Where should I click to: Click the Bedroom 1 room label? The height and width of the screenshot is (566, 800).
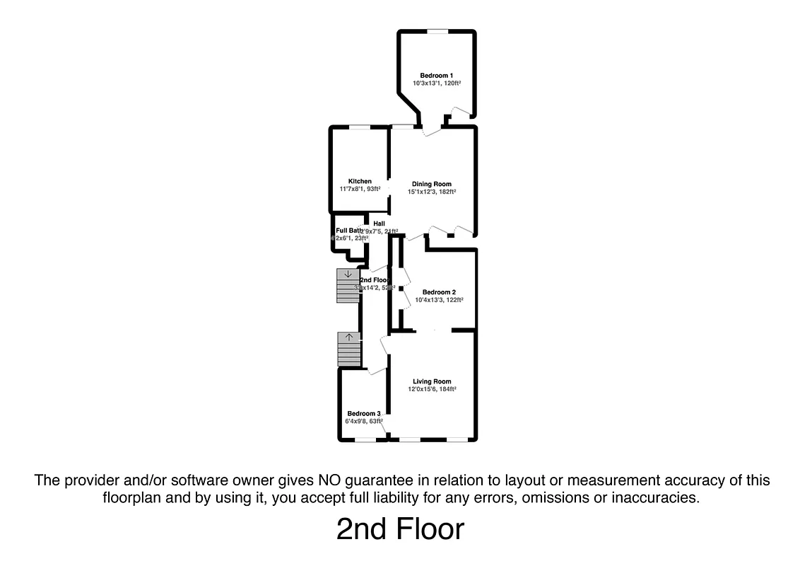pyautogui.click(x=436, y=75)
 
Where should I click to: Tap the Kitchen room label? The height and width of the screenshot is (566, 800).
pyautogui.click(x=360, y=181)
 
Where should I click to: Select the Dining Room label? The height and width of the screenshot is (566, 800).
pyautogui.click(x=431, y=184)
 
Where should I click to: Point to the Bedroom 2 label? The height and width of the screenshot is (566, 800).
pyautogui.click(x=439, y=292)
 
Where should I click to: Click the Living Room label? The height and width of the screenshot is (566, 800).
pyautogui.click(x=432, y=381)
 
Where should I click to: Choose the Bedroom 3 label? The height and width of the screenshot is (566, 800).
pyautogui.click(x=364, y=414)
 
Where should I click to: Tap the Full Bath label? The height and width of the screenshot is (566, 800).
pyautogui.click(x=348, y=231)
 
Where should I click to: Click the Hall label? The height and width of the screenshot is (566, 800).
pyautogui.click(x=379, y=224)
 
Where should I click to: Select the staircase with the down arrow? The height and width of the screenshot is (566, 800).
pyautogui.click(x=348, y=286)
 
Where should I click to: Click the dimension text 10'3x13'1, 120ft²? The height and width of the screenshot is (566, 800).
pyautogui.click(x=437, y=83)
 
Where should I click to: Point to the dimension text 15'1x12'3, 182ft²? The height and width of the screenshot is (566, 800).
pyautogui.click(x=431, y=192)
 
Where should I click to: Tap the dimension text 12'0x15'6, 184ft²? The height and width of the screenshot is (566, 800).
pyautogui.click(x=432, y=389)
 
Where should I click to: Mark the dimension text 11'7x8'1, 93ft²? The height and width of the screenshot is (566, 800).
pyautogui.click(x=360, y=189)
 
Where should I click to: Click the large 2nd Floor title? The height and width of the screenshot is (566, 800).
pyautogui.click(x=400, y=529)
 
